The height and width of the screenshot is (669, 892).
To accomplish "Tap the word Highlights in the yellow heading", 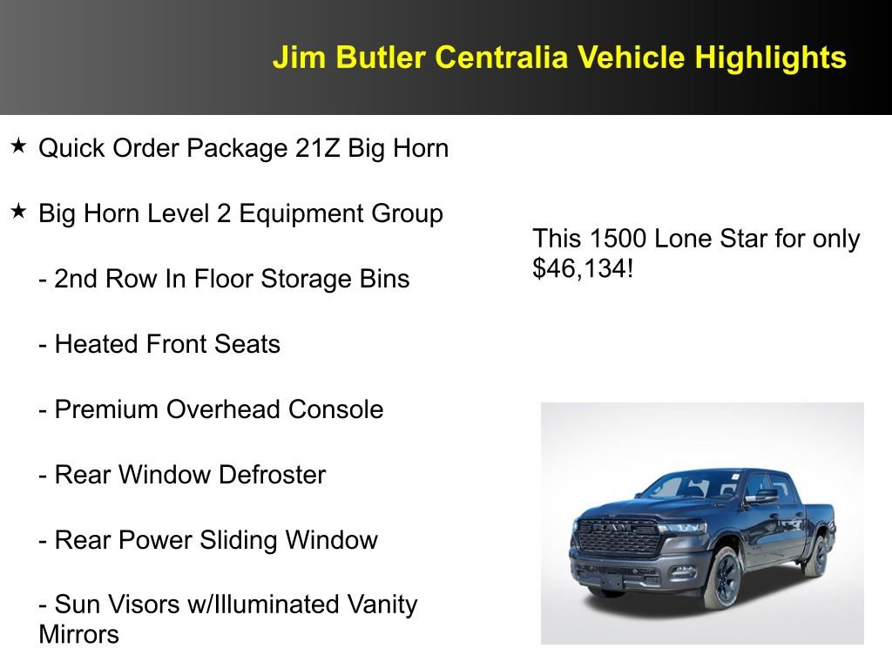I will pyautogui.click(x=770, y=57).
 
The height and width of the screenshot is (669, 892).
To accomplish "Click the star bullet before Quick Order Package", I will pyautogui.click(x=18, y=146).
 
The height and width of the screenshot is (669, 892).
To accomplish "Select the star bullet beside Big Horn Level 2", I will pyautogui.click(x=18, y=212).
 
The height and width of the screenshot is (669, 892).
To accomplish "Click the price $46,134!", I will pyautogui.click(x=583, y=268).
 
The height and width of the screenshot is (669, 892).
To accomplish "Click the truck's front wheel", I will pyautogui.click(x=722, y=578).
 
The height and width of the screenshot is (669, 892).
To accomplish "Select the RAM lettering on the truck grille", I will pyautogui.click(x=620, y=527).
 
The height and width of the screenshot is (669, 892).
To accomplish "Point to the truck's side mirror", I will pyautogui.click(x=762, y=497).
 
